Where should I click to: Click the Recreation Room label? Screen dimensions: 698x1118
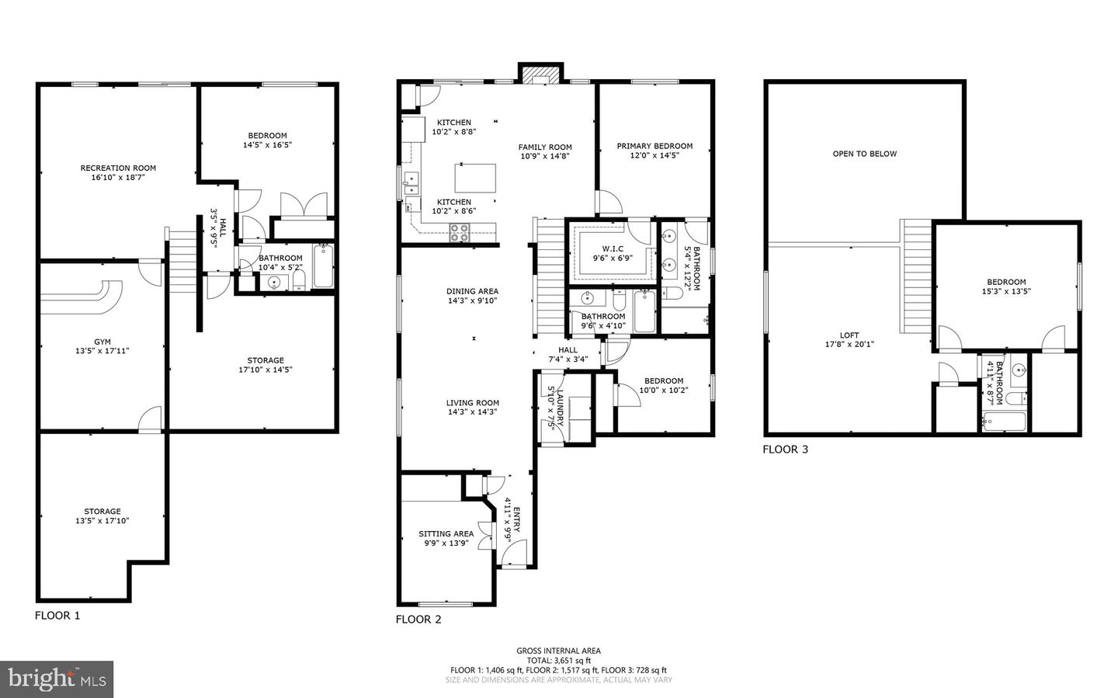[118, 168]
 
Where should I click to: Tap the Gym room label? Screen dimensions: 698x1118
[102, 342]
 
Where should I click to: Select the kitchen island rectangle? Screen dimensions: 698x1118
[474, 179]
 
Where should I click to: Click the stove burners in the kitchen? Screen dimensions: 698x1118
[459, 229]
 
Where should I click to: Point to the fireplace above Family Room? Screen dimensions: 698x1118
[540, 75]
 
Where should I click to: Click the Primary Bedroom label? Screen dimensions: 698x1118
[654, 146]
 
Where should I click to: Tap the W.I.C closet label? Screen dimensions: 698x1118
[613, 249]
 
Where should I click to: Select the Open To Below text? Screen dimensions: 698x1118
[864, 154]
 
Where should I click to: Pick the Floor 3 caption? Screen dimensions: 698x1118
[785, 450]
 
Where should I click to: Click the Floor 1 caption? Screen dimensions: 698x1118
[57, 616]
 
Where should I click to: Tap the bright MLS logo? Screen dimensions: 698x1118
[57, 679]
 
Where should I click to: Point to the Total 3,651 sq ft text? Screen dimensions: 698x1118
[558, 661]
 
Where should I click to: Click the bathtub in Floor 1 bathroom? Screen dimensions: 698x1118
[323, 266]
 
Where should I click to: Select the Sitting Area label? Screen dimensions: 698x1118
[446, 533]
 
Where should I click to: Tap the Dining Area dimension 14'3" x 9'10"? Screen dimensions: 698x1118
[472, 300]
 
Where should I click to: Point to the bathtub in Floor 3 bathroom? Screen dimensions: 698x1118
[1004, 422]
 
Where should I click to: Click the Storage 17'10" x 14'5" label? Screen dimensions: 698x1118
[266, 370]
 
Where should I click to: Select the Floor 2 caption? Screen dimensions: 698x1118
[418, 620]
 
